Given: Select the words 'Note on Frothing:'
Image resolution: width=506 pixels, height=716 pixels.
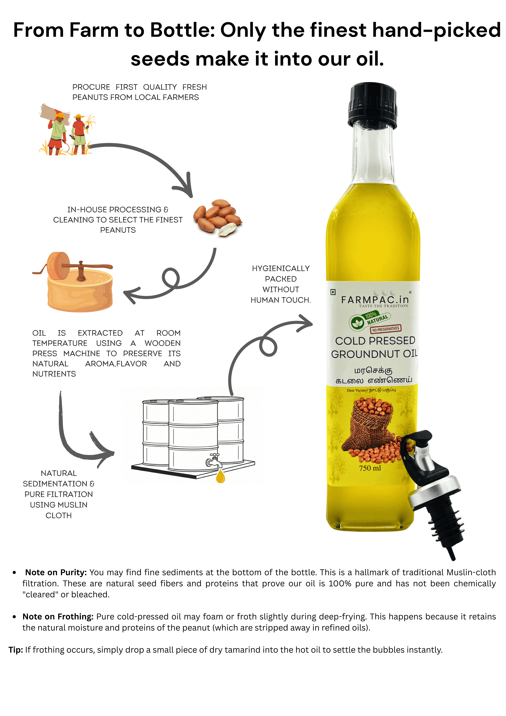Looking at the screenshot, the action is [x=58, y=617].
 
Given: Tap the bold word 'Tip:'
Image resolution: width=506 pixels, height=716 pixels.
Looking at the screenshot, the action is [x=16, y=650].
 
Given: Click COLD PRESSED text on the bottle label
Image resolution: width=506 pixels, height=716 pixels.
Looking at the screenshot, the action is [x=375, y=341].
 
